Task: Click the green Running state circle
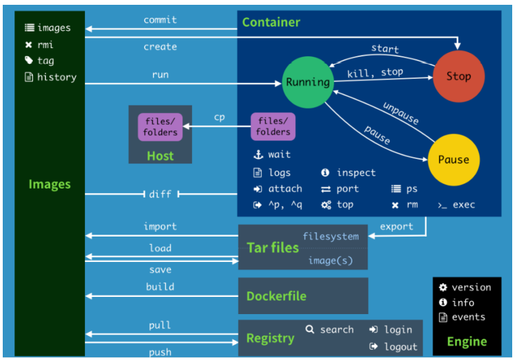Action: coord(308,82)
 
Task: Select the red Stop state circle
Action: coord(458,77)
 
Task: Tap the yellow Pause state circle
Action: coord(453,160)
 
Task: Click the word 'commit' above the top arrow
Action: coord(160,20)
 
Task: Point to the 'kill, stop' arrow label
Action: coord(375,71)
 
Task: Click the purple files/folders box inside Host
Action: coord(160,127)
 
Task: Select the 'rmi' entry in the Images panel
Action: coord(46,45)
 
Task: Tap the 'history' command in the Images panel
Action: coord(56,77)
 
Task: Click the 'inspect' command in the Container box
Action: coord(356,173)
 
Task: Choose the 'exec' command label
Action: coord(464,204)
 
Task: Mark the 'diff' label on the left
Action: coord(160,194)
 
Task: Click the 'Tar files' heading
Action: coord(273,248)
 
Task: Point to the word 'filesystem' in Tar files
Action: coord(330,237)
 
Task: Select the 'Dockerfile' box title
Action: coord(276,296)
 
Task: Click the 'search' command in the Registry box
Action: coord(337,329)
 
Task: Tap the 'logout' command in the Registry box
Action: coord(400,346)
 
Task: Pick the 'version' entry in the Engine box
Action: coord(471,287)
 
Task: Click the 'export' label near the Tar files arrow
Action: coord(396,226)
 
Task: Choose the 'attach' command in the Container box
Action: coord(285,189)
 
